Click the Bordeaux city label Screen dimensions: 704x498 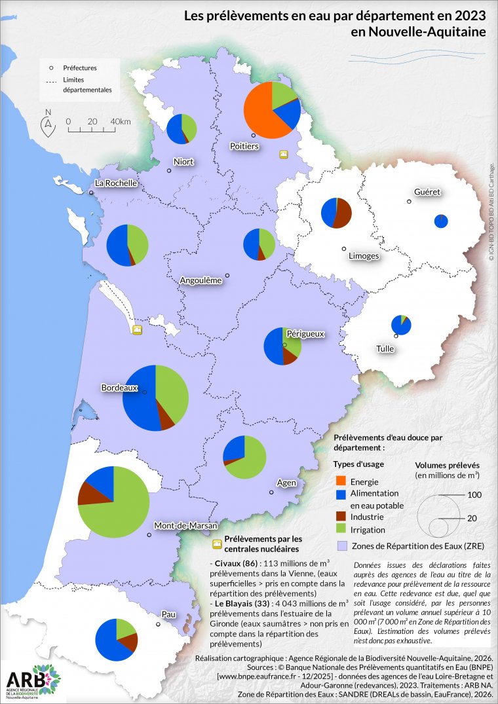pyautogui.click(x=119, y=388)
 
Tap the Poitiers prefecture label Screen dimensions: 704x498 pyautogui.click(x=244, y=145)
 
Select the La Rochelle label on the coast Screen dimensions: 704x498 pyautogui.click(x=116, y=183)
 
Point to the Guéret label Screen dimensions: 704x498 pyautogui.click(x=427, y=193)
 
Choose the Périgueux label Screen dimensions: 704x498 pyautogui.click(x=305, y=334)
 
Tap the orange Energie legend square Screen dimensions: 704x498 pyautogui.click(x=340, y=482)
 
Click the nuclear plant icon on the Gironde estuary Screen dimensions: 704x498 pyautogui.click(x=137, y=329)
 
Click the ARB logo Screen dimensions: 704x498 pyautogui.click(x=33, y=682)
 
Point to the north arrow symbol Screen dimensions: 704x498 pyautogui.click(x=48, y=124)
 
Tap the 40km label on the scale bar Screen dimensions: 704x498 pyautogui.click(x=121, y=122)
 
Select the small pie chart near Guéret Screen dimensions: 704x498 pyautogui.click(x=442, y=221)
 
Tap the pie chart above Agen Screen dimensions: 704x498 pyautogui.click(x=244, y=456)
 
